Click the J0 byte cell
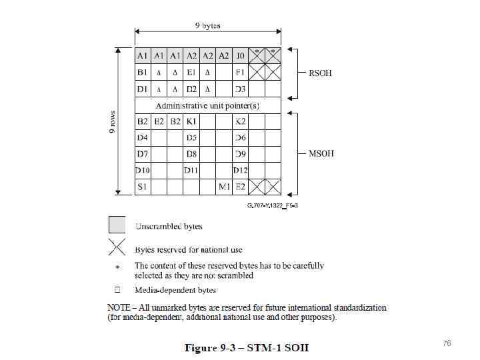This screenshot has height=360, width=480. click(x=241, y=55)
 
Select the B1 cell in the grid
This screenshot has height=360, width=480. click(x=143, y=72)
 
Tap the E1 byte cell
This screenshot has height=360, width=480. click(x=191, y=72)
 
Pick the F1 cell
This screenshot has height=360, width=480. click(x=241, y=72)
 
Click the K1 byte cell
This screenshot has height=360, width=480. click(x=191, y=121)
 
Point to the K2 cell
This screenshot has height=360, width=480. click(x=241, y=121)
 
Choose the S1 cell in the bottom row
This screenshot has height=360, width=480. click(x=143, y=187)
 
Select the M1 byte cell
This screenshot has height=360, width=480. click(x=225, y=187)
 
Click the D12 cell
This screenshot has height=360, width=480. click(x=241, y=171)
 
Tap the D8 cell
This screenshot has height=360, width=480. click(x=191, y=154)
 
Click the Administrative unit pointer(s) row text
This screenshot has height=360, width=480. click(x=207, y=105)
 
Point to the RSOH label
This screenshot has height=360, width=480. click(x=319, y=73)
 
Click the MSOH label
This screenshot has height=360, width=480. click(x=321, y=153)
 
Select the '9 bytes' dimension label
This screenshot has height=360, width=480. click(x=207, y=26)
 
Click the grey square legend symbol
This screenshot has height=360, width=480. click(x=117, y=225)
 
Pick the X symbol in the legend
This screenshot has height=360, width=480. click(x=117, y=248)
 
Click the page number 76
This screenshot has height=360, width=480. click(x=447, y=343)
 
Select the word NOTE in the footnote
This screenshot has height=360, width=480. click(x=121, y=308)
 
